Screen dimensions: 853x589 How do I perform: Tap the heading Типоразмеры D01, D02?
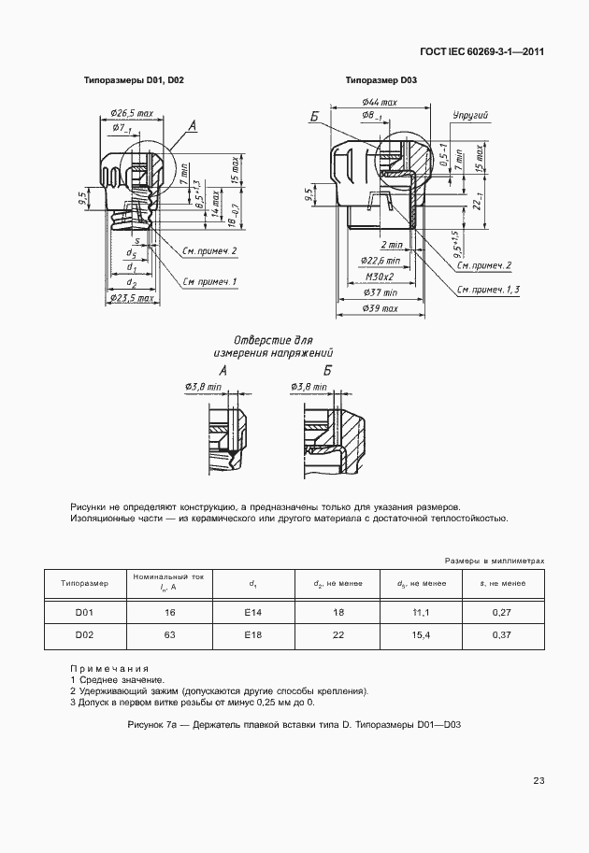click(x=135, y=81)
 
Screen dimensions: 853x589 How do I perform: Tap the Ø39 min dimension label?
click(x=380, y=307)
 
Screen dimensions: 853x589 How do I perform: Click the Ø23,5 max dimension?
click(x=132, y=298)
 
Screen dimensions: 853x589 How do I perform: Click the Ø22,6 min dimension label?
click(x=380, y=262)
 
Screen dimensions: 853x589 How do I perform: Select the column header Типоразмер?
click(x=85, y=584)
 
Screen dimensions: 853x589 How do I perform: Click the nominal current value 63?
click(x=169, y=636)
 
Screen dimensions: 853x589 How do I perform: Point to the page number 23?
click(x=539, y=780)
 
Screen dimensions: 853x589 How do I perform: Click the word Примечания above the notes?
click(x=109, y=669)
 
